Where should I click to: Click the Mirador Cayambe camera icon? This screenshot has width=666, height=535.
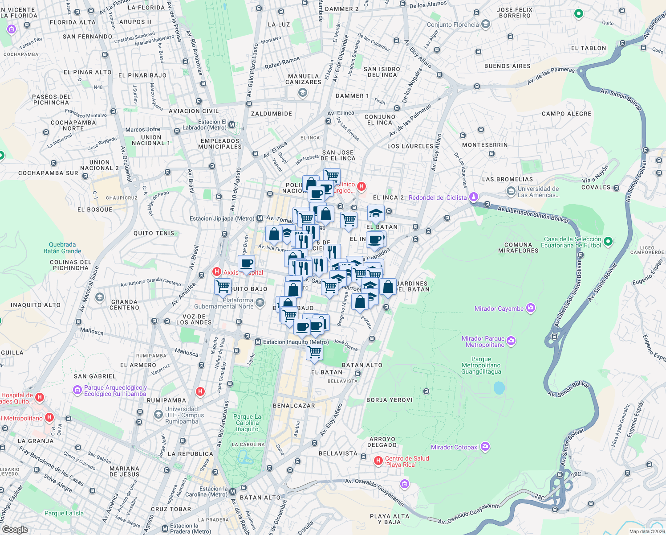coord(530,308)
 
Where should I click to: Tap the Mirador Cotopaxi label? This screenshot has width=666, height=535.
coord(455,447)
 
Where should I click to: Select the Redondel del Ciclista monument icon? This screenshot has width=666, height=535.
coord(474,197)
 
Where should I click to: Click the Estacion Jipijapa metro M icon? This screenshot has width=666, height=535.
coord(260,218)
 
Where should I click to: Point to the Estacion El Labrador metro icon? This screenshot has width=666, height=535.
coord(231,125)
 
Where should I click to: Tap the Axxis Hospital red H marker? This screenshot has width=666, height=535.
coord(217,272)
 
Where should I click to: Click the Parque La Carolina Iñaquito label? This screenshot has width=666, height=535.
coord(247,423)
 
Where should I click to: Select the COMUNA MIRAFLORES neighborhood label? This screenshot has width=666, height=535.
coord(518,247)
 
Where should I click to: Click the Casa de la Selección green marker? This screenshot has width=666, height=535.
coord(608,242)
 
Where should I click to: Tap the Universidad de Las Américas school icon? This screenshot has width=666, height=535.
coord(511,192)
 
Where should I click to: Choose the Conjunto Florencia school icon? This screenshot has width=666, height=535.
coord(486,24)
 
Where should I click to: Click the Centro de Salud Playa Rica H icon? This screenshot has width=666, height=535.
coord(378,461)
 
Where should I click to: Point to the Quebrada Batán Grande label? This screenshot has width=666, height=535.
coord(62,247)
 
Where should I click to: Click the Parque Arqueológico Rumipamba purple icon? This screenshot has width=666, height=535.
coord(77,390)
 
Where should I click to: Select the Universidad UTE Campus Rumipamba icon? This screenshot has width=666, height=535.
coord(158,415)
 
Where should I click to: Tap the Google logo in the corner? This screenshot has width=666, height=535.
coord(15,529)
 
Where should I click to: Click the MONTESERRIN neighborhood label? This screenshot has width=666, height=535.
coord(485,145)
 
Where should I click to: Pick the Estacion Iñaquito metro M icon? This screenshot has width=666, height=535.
coord(258,342)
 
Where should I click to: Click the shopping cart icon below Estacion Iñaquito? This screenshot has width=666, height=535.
coord(315,352)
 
